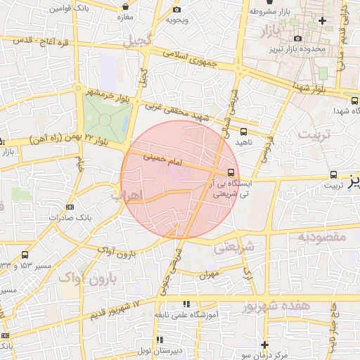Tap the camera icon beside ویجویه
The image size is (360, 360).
pos(176,10)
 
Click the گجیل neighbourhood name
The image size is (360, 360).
pos(136,41)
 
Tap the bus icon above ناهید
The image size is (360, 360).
pos(243,131)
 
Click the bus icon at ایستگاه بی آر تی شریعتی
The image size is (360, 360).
pos(231,172)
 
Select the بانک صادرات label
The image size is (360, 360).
pos(70,218)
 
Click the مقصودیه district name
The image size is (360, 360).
pos(322,236)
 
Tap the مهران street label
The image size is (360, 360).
pos(210,274)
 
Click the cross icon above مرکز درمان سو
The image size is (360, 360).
pos(264,345)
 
